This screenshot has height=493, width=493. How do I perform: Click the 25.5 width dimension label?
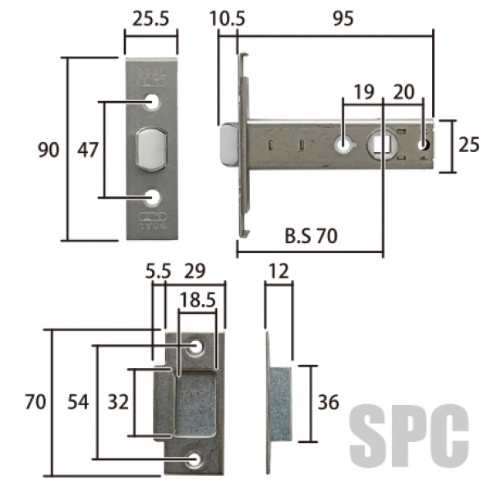[x=150, y=19]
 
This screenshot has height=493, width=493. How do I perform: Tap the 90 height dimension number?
[x=48, y=150]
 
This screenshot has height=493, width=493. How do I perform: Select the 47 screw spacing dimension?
[x=88, y=150]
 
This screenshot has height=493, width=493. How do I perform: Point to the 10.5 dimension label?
[x=228, y=19]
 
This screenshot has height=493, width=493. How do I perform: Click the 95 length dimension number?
[x=343, y=19]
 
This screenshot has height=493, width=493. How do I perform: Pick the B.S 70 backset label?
[x=311, y=236]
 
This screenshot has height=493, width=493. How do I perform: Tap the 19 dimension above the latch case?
[x=364, y=92]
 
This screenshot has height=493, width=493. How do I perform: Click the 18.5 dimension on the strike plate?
[x=197, y=300]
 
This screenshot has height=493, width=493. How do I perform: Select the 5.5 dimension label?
[x=158, y=271]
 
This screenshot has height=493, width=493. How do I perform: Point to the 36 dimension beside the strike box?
[x=328, y=402]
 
